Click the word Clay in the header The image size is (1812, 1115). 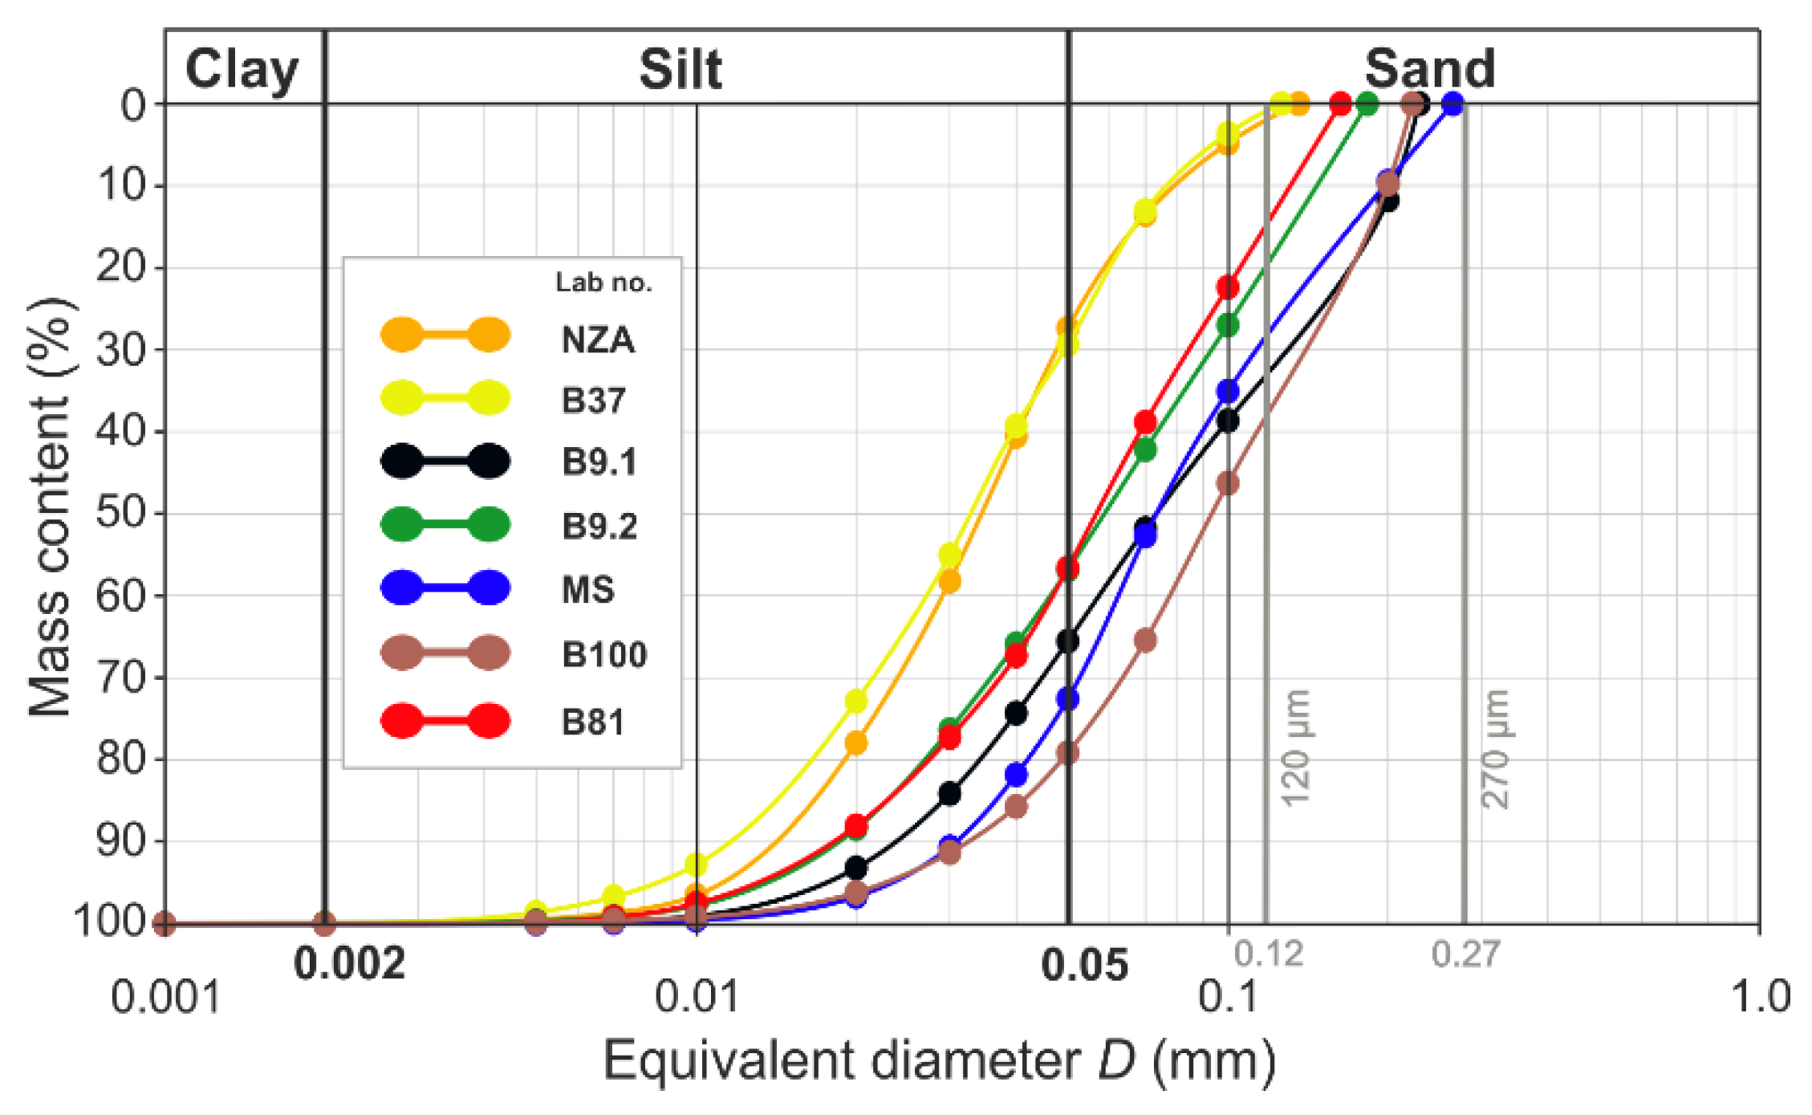242,71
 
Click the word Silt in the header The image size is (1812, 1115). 681,69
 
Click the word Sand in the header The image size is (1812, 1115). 1430,69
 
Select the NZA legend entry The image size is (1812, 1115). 598,340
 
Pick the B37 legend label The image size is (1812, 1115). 593,401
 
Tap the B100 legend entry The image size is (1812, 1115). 604,655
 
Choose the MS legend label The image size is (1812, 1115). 588,590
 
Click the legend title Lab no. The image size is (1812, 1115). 603,283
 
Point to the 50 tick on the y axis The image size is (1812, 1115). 121,513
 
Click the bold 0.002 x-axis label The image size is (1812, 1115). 350,963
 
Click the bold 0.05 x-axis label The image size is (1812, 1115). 1084,964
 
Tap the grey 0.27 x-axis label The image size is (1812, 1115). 1465,954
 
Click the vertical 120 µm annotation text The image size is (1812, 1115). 1296,747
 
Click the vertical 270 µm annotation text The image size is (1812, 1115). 1496,747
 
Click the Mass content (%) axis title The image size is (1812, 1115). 50,507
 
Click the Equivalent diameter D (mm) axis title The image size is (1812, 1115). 939,1060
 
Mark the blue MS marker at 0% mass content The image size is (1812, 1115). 1452,104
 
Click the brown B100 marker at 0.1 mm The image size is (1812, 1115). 1228,483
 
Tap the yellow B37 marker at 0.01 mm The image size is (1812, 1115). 697,865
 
